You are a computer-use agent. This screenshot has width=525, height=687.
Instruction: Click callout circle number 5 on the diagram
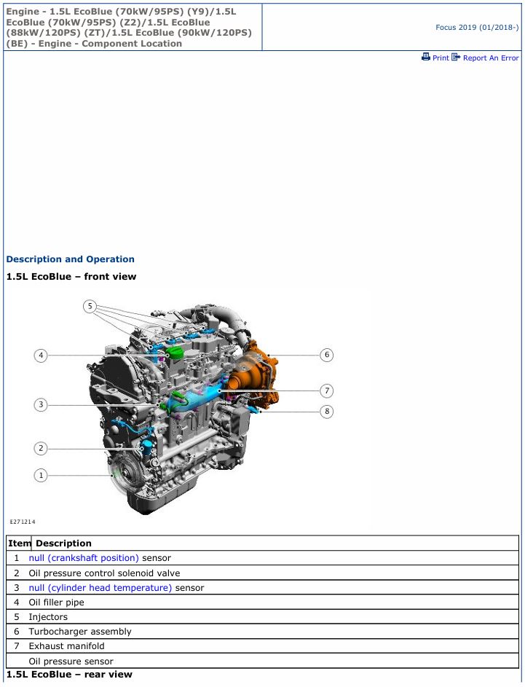pos(90,306)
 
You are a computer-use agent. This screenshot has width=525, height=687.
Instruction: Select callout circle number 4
pos(41,356)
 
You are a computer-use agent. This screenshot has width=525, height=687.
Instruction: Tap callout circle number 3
pos(41,404)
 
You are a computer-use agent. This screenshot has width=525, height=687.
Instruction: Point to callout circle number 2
pos(41,448)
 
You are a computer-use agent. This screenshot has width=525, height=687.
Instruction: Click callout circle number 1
pos(41,476)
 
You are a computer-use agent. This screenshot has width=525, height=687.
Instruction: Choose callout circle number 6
pos(327,355)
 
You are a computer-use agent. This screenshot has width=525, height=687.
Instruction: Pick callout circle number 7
pos(327,390)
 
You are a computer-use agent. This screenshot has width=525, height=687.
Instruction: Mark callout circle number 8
pos(327,412)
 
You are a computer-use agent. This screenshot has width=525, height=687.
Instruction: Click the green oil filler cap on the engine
pos(176,353)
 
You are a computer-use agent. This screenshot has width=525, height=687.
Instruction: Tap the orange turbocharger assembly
pos(254,377)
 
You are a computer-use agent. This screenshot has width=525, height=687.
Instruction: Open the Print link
pos(435,58)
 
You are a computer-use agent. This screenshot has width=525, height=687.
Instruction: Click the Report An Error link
pos(485,58)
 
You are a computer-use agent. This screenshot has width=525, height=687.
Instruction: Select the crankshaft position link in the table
pos(84,558)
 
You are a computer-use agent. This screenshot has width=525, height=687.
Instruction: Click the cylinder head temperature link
pos(100,587)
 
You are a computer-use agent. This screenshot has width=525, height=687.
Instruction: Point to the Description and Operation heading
pos(71,259)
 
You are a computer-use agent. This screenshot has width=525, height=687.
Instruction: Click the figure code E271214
pos(23,522)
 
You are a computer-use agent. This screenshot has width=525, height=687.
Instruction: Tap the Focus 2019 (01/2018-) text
pos(477,27)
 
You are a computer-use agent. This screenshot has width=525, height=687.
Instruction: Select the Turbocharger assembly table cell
pos(80,632)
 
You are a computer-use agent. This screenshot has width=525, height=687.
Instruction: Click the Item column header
pos(19,543)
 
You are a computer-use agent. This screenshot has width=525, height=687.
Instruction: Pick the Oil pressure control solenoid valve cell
pos(104,573)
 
